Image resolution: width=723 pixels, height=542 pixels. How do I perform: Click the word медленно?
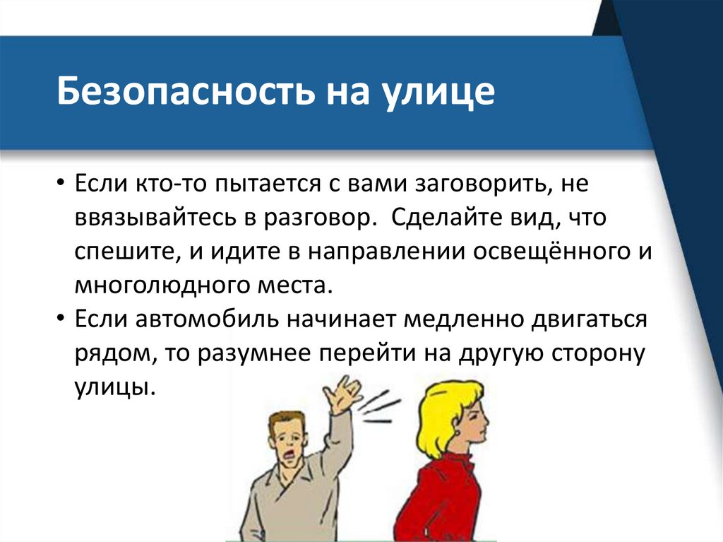click(x=460, y=320)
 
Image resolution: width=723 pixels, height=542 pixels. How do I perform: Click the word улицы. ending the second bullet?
click(x=114, y=388)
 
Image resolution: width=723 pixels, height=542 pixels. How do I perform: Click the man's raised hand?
click(x=344, y=392)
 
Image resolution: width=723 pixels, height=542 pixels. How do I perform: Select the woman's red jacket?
click(x=441, y=502)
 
